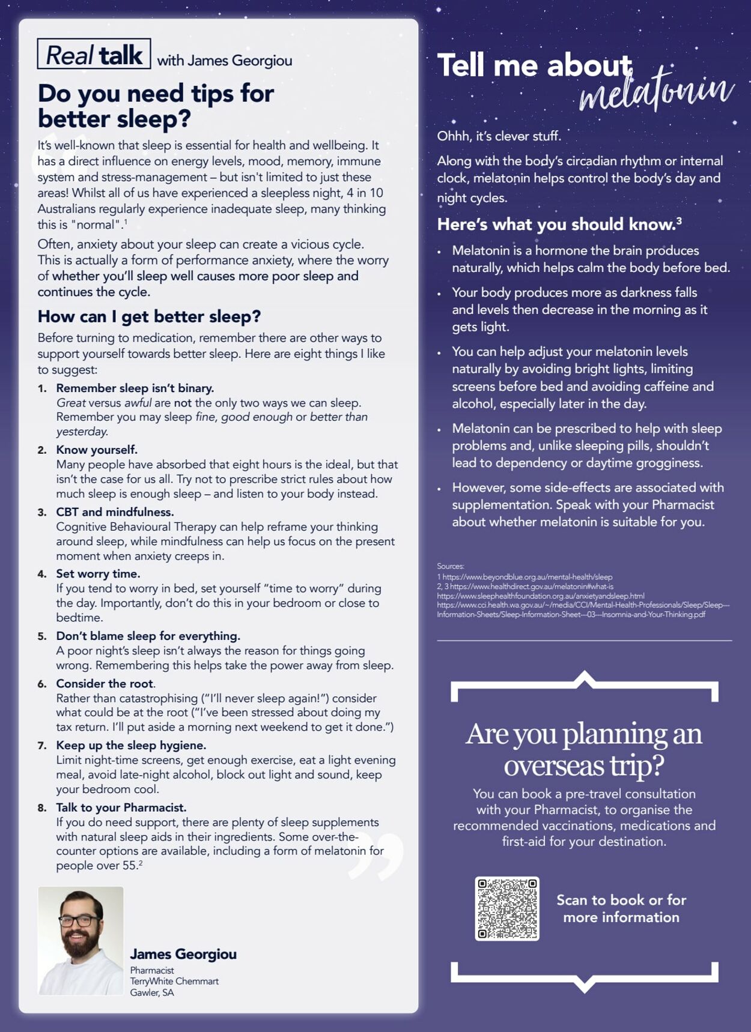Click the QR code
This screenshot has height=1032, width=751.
pos(507,908)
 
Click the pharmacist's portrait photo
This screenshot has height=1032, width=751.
pos(81,940)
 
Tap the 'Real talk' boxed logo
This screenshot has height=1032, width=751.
pos(94,55)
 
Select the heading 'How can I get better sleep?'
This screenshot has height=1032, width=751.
pos(149,316)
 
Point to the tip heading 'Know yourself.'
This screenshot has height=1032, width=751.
pos(97,450)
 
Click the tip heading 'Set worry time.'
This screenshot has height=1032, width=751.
pos(98,573)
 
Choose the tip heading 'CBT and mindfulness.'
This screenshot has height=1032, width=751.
pos(115,512)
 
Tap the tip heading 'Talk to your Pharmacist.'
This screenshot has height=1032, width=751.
pos(121,807)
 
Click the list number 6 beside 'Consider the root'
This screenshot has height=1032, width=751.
pos(42,684)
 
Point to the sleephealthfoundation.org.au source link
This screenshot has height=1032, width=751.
pos(541,596)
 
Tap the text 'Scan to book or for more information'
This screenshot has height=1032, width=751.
pos(621,908)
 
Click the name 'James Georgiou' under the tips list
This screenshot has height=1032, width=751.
pos(183,954)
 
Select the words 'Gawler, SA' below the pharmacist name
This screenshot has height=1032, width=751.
pos(152,992)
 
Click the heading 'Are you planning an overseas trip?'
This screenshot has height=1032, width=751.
pos(584,749)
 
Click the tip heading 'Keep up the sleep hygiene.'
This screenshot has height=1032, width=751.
pos(131,745)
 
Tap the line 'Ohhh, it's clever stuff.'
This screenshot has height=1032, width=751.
pos(499,136)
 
